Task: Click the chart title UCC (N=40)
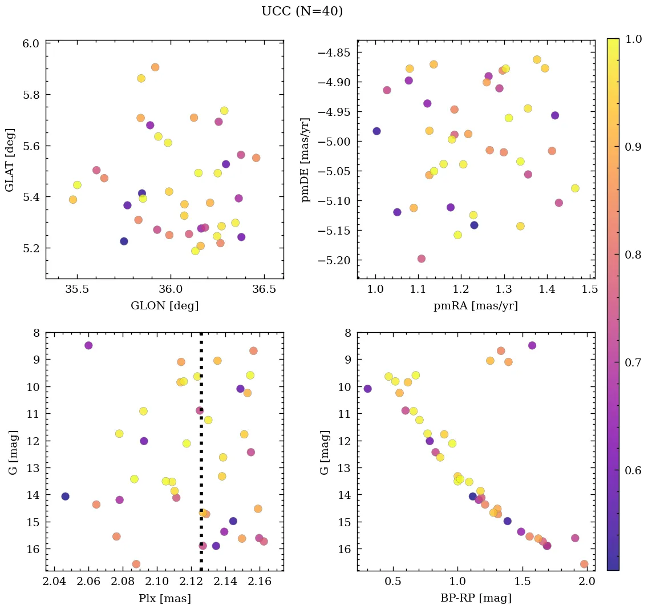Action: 302,12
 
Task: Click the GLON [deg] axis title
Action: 164,306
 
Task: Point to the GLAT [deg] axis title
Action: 10,160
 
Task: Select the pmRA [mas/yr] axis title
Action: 476,306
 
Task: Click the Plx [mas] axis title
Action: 164,599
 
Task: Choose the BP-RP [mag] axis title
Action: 476,599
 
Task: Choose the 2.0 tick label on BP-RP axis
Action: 587,582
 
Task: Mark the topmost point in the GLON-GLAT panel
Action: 155,67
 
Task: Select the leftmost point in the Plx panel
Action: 66,497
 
